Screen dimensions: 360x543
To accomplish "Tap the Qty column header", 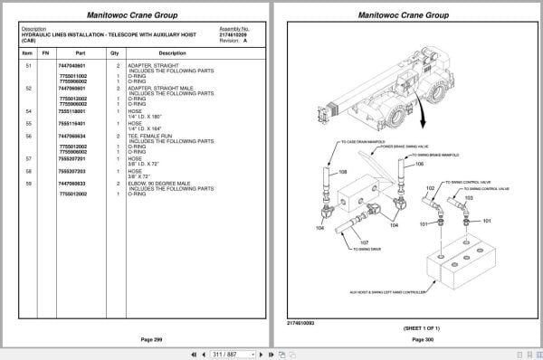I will [114, 52].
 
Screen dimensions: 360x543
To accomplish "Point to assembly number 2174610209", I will [234, 34].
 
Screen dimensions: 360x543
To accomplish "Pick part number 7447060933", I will [73, 184].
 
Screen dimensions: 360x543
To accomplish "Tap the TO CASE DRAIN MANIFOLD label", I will [365, 142].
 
